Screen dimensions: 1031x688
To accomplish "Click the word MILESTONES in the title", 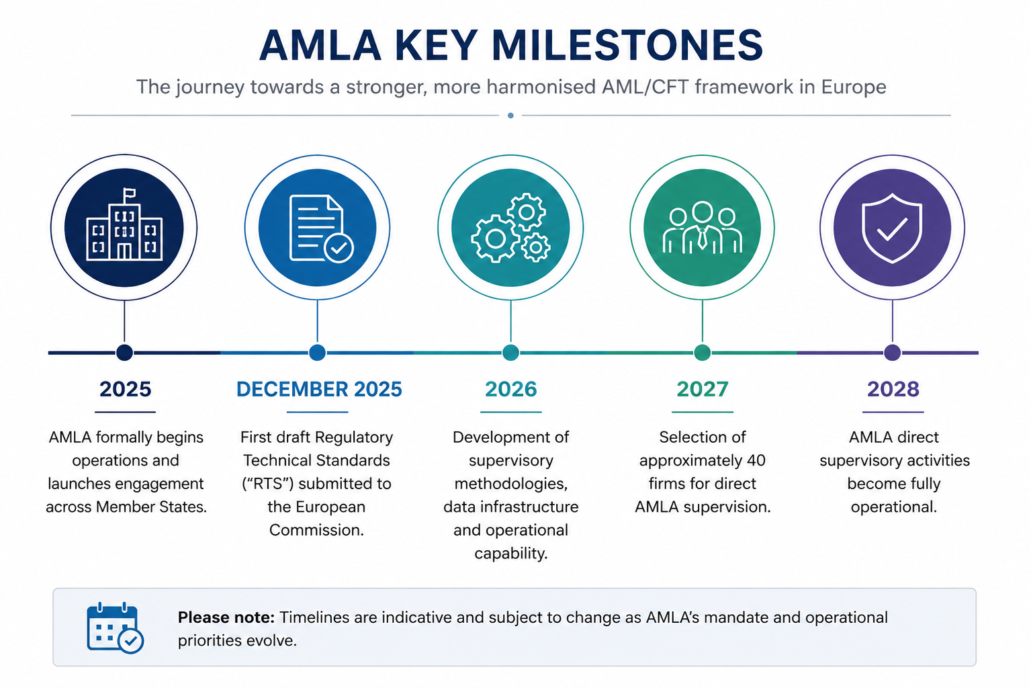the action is pyautogui.click(x=627, y=45).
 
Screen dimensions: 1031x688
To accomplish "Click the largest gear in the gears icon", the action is pyautogui.click(x=495, y=239).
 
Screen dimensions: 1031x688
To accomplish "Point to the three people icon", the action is pyautogui.click(x=702, y=228).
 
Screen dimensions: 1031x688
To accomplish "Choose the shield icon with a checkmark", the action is pyautogui.click(x=892, y=228).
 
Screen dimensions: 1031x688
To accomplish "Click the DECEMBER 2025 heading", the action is pyautogui.click(x=319, y=389).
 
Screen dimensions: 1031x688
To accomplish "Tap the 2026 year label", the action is pyautogui.click(x=511, y=389).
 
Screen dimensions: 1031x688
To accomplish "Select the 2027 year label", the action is pyautogui.click(x=703, y=389).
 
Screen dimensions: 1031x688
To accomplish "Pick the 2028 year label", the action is pyautogui.click(x=893, y=389).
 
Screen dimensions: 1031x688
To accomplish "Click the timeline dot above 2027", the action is pyautogui.click(x=703, y=353).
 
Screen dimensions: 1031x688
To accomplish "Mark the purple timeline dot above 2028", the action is pyautogui.click(x=893, y=353).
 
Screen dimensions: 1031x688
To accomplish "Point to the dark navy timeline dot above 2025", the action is pyautogui.click(x=124, y=353).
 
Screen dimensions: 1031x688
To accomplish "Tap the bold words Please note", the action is pyautogui.click(x=226, y=617).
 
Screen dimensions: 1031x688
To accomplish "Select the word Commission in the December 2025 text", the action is pyautogui.click(x=316, y=530).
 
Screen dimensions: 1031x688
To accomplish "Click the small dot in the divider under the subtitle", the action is pyautogui.click(x=510, y=116).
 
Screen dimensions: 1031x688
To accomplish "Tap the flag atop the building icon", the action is pyautogui.click(x=130, y=192).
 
